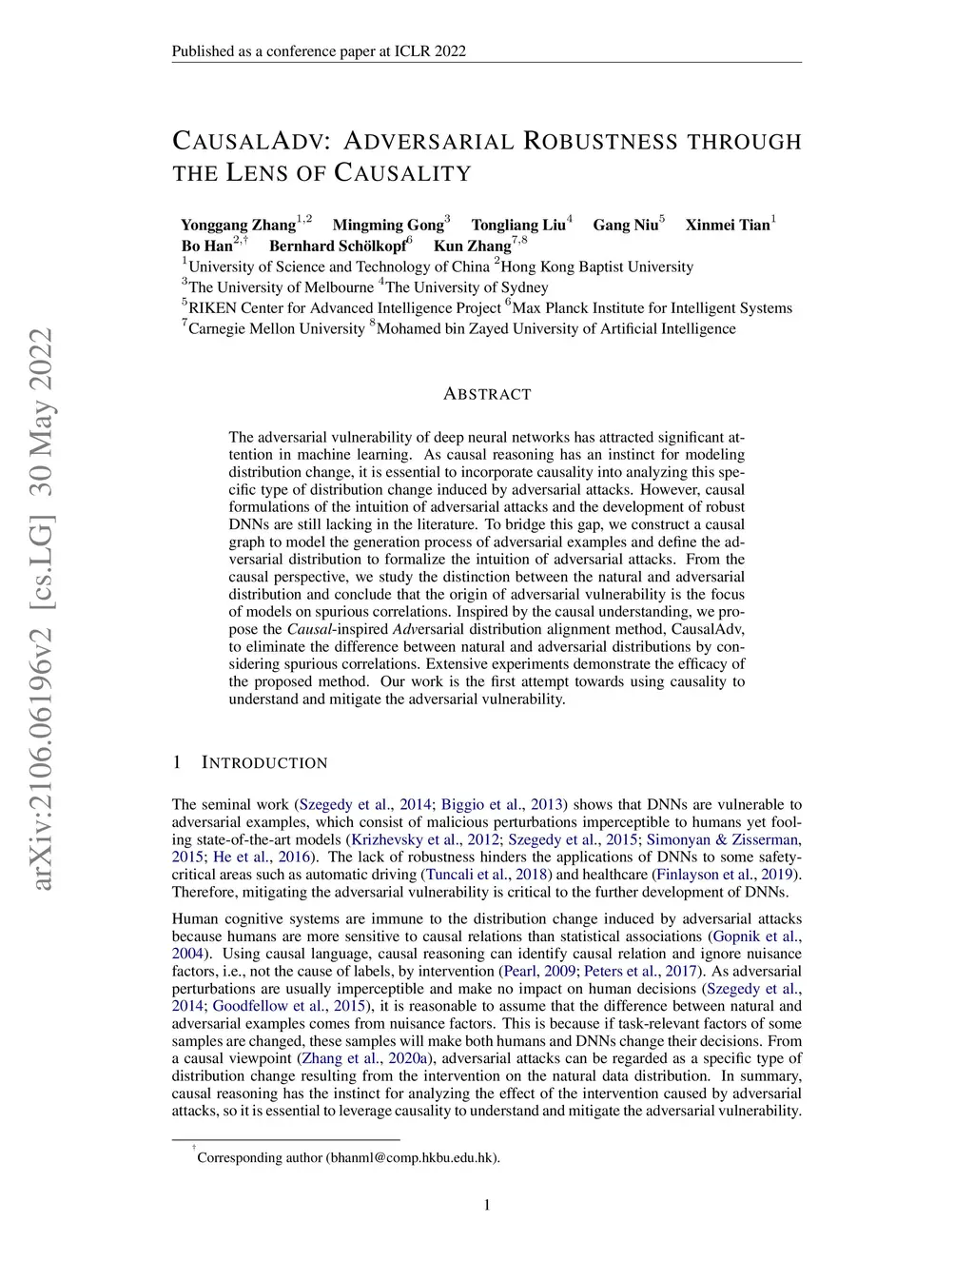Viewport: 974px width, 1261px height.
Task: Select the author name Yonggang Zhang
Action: pos(239,226)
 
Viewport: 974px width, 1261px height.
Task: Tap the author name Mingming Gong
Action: pos(388,226)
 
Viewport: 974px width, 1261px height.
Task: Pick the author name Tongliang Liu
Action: pos(518,226)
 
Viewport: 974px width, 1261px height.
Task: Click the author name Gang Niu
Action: pos(625,226)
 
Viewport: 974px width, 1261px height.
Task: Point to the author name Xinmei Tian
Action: pos(728,226)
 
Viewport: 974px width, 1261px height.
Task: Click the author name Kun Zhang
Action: pos(472,246)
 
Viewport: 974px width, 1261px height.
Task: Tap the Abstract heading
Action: pos(487,394)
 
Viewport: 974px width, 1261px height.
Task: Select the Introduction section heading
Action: pos(264,763)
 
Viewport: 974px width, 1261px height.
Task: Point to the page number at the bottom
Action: pos(487,1206)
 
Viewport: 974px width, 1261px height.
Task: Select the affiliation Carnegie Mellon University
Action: pos(276,329)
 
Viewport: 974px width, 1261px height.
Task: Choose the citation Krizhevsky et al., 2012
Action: pos(425,839)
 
